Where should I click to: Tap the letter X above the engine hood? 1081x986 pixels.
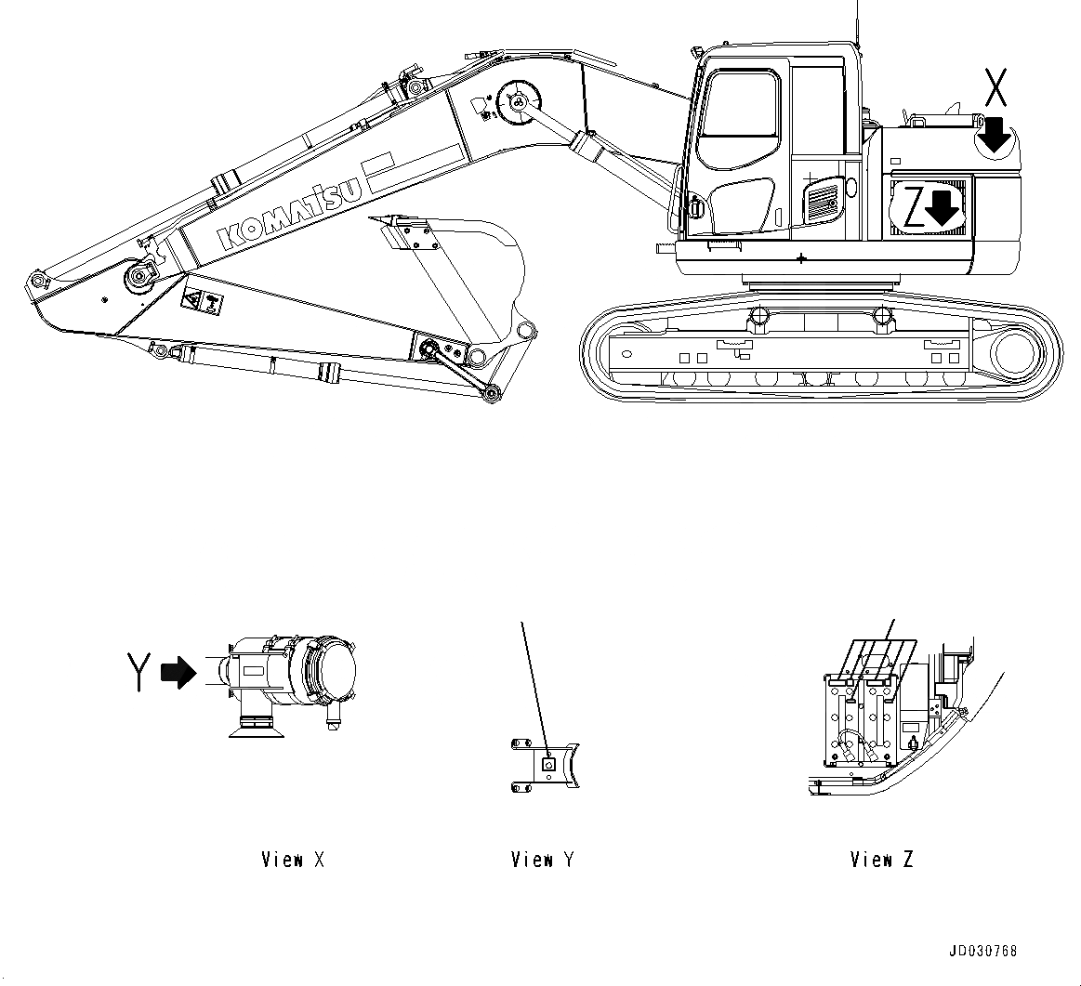(x=995, y=89)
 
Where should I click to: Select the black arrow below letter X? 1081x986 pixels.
(x=995, y=134)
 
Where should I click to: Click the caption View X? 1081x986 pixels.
(x=293, y=860)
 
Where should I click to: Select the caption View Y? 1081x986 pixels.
(x=542, y=860)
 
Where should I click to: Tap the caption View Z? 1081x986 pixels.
(x=881, y=860)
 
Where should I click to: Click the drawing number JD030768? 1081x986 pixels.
(x=982, y=951)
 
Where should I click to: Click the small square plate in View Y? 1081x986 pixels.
(x=547, y=764)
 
